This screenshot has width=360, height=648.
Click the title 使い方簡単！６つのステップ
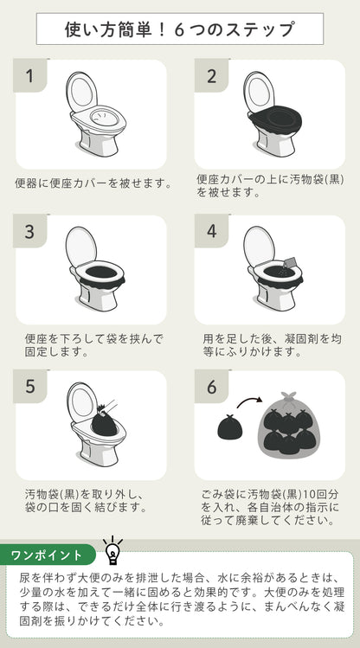179,29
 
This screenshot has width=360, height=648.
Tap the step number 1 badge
29,75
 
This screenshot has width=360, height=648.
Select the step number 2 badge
212,75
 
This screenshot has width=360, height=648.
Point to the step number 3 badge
29,231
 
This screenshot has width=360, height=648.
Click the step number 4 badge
212,231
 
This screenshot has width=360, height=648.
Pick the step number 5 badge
29,386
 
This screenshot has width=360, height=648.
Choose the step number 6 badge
212,386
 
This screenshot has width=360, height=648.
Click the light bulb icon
112,550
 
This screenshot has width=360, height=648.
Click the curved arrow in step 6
249,400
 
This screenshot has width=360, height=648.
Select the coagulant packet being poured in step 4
290,263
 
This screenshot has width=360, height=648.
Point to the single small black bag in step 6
230,426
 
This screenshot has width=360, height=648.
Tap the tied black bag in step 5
104,421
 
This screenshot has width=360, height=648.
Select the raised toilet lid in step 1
81,92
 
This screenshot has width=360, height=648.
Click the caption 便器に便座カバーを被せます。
93,183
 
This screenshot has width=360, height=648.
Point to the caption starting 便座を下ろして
93,345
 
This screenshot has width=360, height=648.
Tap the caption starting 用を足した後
272,345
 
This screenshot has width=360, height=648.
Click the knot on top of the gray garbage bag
288,395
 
